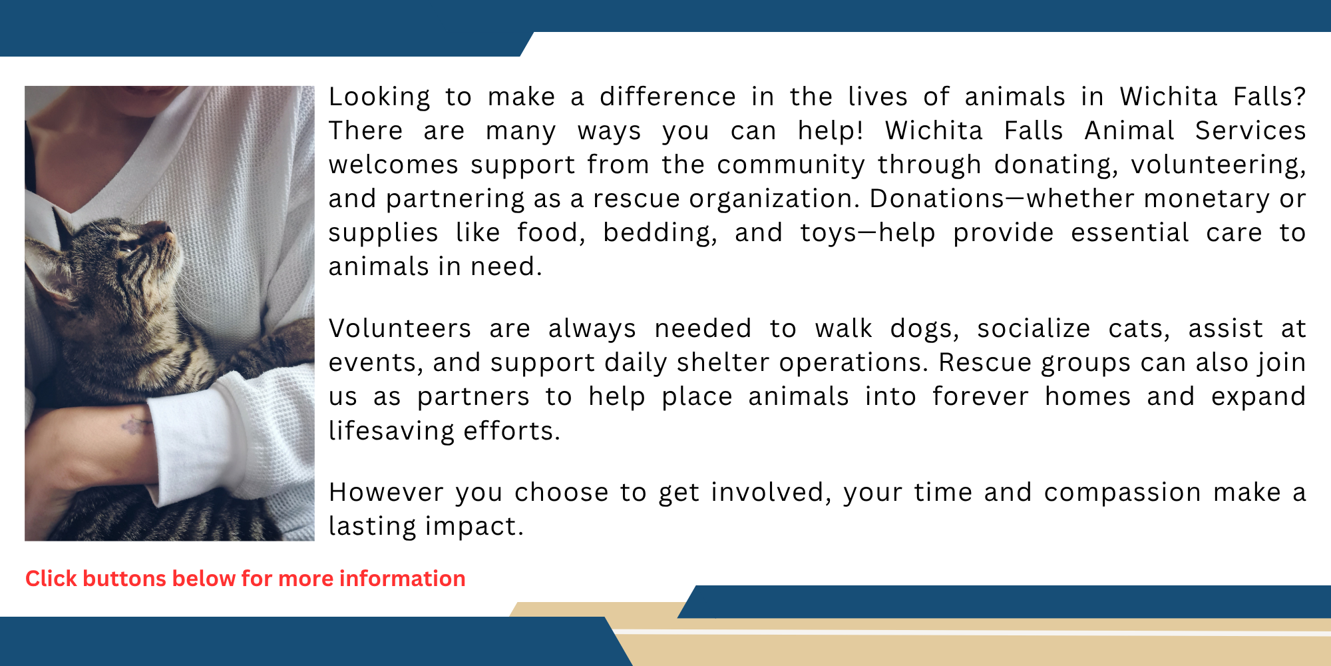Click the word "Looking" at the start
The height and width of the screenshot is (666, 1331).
[379, 97]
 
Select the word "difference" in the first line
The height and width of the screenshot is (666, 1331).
[667, 97]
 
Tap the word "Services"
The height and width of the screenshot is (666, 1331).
[1250, 131]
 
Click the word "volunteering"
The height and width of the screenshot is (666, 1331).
[1217, 165]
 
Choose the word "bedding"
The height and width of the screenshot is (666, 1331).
[660, 233]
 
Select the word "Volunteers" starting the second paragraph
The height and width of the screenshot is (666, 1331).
[400, 329]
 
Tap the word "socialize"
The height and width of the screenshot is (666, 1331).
[1034, 329]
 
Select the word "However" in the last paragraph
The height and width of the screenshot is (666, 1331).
[386, 493]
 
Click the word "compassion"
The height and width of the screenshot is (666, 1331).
[1122, 493]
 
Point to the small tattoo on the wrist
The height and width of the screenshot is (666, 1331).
[136, 425]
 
